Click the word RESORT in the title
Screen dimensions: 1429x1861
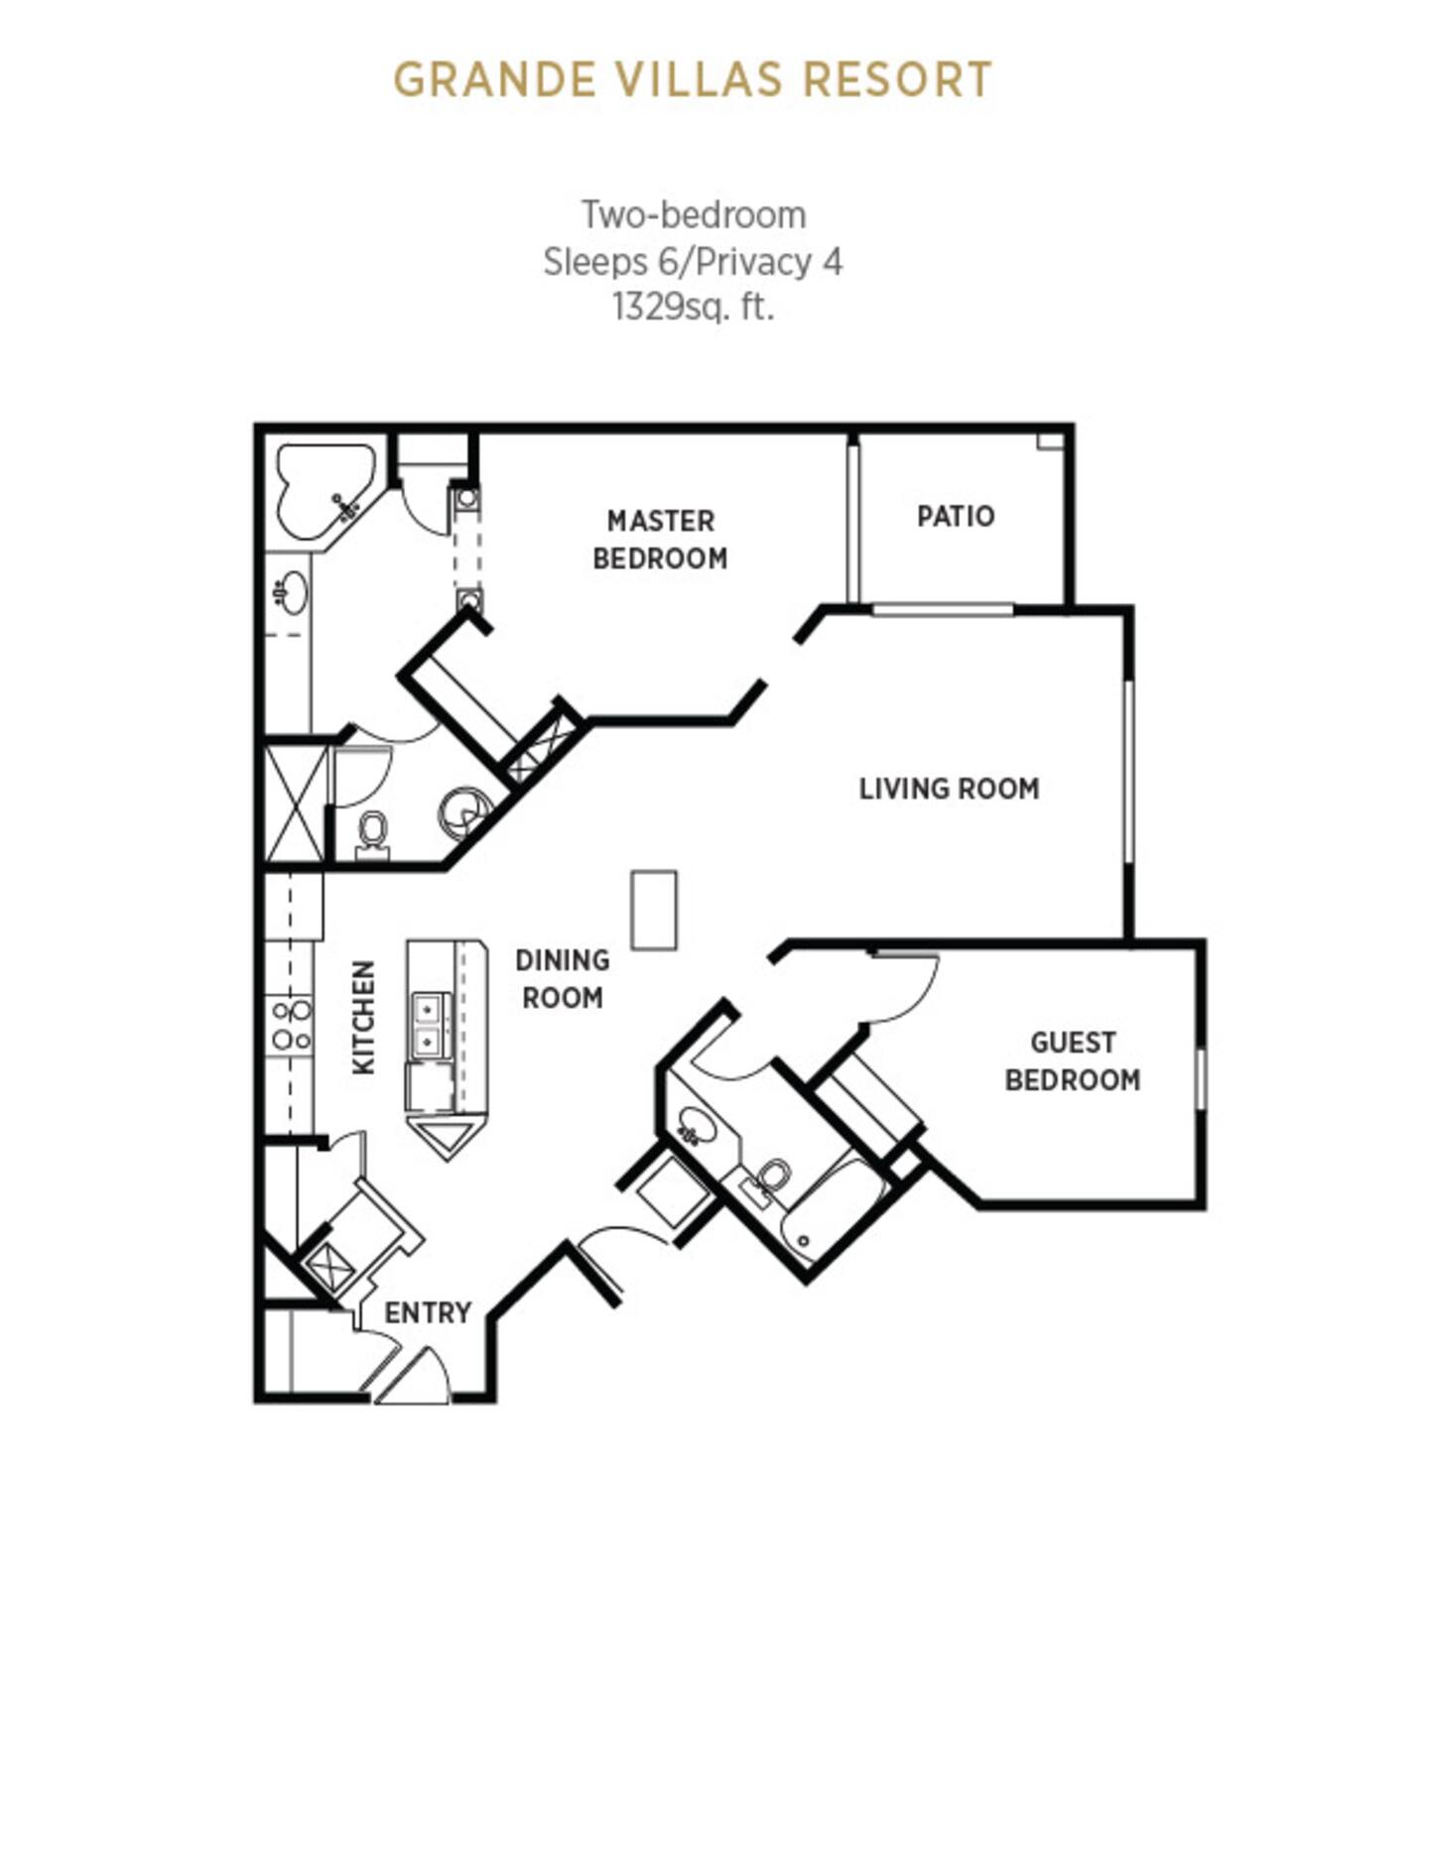[x=897, y=80]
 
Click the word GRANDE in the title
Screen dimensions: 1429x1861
[x=494, y=80]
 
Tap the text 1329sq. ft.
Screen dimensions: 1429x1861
[x=693, y=308]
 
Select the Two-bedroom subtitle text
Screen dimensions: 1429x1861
[x=693, y=214]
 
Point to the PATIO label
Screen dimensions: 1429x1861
[x=955, y=516]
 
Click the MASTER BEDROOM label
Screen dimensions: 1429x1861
[x=660, y=540]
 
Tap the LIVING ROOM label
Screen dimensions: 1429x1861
[x=949, y=789]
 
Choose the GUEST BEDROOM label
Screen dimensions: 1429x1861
[x=1073, y=1061]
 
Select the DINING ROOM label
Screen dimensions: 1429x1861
[x=563, y=979]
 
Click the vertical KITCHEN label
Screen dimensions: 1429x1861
[x=364, y=1017]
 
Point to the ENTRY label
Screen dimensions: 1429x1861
[x=428, y=1312]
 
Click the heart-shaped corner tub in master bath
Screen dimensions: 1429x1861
[x=325, y=491]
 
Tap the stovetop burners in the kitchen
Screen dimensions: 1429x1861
[x=291, y=1026]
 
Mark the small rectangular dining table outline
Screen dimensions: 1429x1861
[x=654, y=911]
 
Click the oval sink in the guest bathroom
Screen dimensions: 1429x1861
[x=697, y=1126]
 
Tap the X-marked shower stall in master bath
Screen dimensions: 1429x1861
[x=295, y=804]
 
